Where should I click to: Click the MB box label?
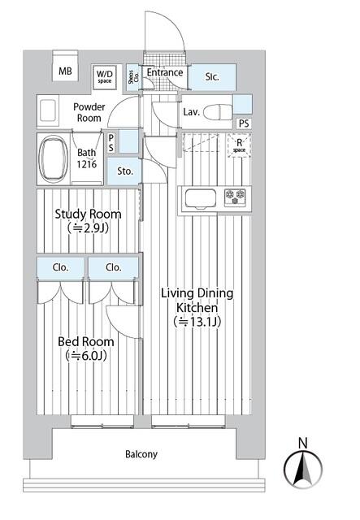pyautogui.click(x=65, y=71)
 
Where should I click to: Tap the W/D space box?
pyautogui.click(x=104, y=76)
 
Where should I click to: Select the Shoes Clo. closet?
pyautogui.click(x=133, y=77)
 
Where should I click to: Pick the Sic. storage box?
pyautogui.click(x=212, y=77)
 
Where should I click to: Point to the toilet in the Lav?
pyautogui.click(x=217, y=111)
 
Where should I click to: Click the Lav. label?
pyautogui.click(x=192, y=111)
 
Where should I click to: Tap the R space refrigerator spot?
pyautogui.click(x=239, y=145)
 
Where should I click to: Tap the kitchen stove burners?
pyautogui.click(x=236, y=196)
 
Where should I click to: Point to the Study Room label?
pyautogui.click(x=88, y=214)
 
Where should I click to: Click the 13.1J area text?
pyautogui.click(x=197, y=322)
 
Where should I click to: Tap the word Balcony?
pyautogui.click(x=141, y=454)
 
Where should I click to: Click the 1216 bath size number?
pyautogui.click(x=87, y=164)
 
